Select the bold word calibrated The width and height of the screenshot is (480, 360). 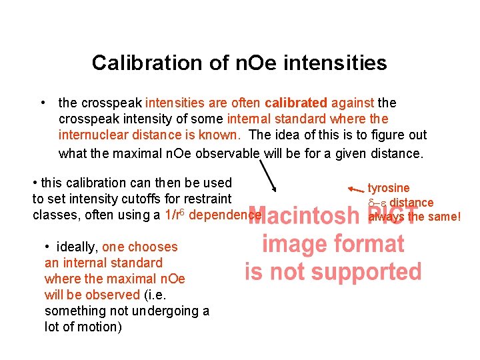[296, 103]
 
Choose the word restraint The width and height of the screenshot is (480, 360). [207, 199]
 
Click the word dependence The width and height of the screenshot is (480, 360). [225, 215]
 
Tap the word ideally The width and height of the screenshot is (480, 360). [78, 247]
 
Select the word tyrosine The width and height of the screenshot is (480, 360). [389, 188]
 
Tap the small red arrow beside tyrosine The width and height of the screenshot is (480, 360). [356, 190]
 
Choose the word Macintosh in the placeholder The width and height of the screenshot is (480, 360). [304, 215]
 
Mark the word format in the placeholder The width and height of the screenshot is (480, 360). [370, 243]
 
